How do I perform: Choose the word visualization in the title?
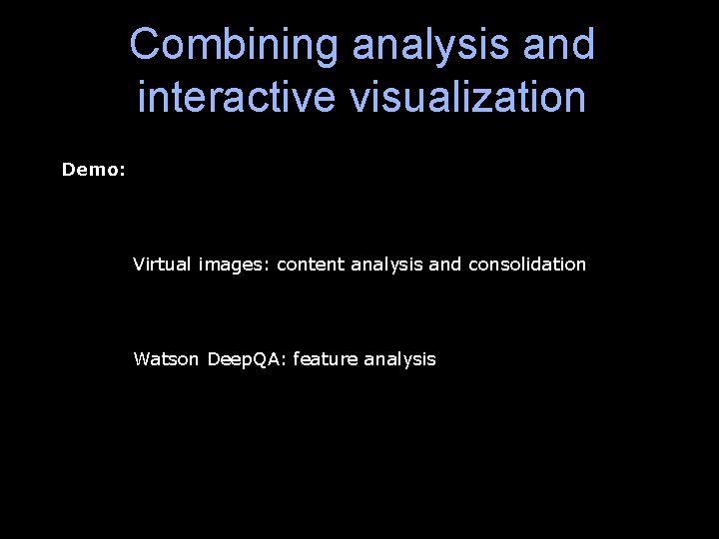(462, 97)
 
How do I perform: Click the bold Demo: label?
(94, 170)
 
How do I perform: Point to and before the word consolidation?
(445, 265)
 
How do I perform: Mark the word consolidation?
(526, 265)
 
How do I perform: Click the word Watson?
(167, 358)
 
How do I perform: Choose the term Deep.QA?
(247, 358)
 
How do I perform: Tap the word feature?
(325, 358)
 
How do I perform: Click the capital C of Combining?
(145, 45)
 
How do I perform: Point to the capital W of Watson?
(141, 358)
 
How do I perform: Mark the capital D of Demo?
(68, 170)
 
